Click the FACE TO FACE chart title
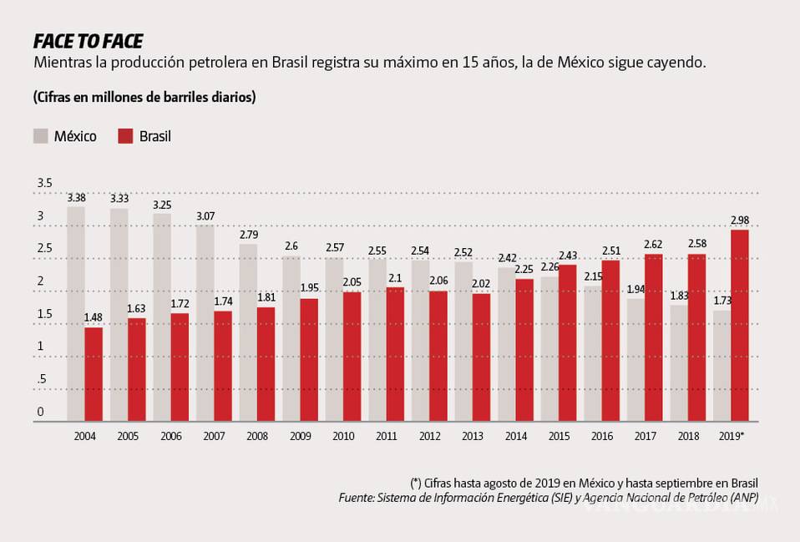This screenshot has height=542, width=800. tap(88, 41)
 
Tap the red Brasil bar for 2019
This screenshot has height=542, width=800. tap(739, 326)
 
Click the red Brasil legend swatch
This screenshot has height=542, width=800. tap(125, 135)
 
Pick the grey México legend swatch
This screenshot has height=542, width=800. tap(40, 135)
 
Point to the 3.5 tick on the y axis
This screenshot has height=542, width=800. tap(44, 183)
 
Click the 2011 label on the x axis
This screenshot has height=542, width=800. tap(386, 436)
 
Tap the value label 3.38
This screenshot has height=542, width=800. tap(76, 198)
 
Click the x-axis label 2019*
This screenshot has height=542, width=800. tap(732, 436)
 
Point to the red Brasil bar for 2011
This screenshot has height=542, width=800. tap(395, 354)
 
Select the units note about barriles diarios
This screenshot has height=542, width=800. tap(144, 97)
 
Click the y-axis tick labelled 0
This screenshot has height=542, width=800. tap(40, 412)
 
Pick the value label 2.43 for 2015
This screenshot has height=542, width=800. tap(567, 256)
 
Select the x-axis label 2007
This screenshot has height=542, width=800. tap(214, 436)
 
